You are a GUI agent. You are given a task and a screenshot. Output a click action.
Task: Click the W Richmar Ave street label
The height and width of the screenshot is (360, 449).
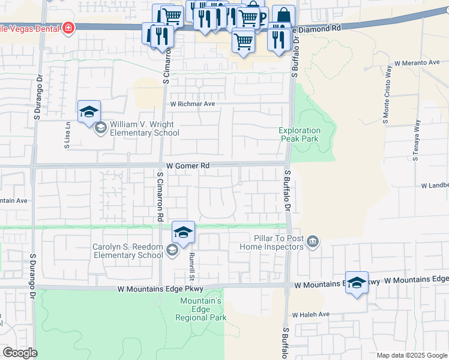(192, 104)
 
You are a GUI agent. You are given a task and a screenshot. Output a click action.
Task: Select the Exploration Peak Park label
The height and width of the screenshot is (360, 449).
(300, 134)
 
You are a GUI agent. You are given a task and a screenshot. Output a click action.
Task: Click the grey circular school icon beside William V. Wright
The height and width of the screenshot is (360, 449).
(100, 127)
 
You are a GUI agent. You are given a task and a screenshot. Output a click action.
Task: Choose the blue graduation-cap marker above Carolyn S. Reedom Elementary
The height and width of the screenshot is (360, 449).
(183, 232)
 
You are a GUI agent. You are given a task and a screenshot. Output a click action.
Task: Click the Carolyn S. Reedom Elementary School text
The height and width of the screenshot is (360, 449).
(127, 251)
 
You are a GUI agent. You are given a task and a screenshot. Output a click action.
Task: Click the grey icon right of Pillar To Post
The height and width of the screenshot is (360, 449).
(312, 242)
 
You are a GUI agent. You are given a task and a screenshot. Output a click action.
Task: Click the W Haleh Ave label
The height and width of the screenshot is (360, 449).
(311, 314)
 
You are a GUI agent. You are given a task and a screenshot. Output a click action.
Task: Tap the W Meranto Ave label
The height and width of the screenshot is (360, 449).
(418, 62)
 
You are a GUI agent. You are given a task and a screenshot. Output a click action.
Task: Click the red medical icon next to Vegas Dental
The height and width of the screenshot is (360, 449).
(68, 27)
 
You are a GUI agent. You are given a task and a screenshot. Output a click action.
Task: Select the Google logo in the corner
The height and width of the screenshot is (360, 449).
(20, 353)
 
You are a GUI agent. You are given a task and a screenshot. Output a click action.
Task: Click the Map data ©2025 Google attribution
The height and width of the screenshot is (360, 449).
(412, 355)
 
